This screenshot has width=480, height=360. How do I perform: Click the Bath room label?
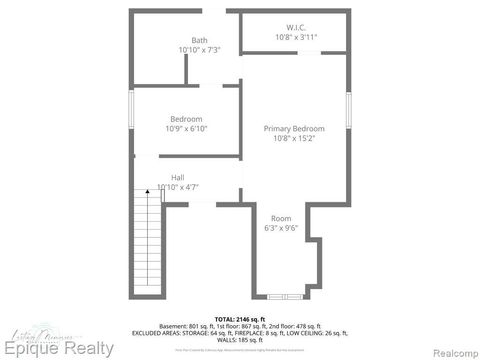pyautogui.click(x=199, y=40)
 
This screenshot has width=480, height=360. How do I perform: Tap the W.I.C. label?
pyautogui.click(x=295, y=27)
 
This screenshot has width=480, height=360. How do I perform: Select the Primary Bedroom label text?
pyautogui.click(x=294, y=129)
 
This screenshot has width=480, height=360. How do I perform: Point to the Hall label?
pyautogui.click(x=177, y=178)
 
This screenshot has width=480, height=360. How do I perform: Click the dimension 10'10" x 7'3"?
pyautogui.click(x=199, y=50)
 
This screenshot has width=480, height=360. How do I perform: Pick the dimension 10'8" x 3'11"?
pyautogui.click(x=295, y=37)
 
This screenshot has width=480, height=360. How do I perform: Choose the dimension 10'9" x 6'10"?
pyautogui.click(x=186, y=129)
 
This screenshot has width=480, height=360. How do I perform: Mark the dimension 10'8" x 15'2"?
pyautogui.click(x=294, y=139)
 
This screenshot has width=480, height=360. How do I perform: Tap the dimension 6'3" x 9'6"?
pyautogui.click(x=281, y=228)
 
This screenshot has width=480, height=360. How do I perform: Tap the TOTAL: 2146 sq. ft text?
pyautogui.click(x=240, y=317)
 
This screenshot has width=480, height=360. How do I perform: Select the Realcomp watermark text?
pyautogui.click(x=446, y=349)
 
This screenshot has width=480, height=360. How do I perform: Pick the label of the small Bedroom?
pyautogui.click(x=186, y=119)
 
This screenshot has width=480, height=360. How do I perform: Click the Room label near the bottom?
pyautogui.click(x=281, y=218)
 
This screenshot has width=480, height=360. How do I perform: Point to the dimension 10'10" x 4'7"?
pyautogui.click(x=178, y=187)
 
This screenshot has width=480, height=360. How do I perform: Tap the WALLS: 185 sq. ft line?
pyautogui.click(x=240, y=340)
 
